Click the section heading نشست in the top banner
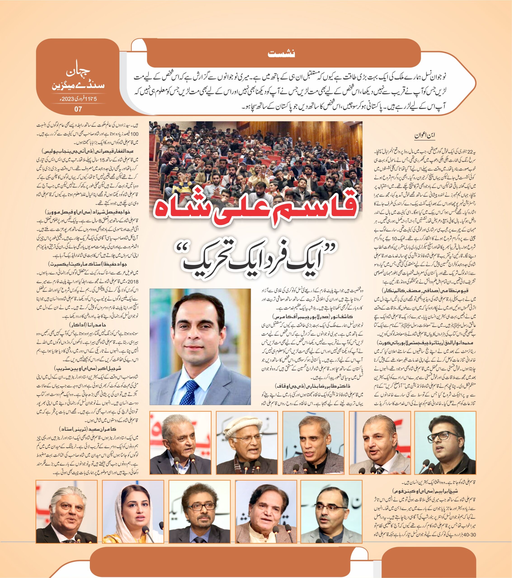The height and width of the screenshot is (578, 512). click(x=281, y=54)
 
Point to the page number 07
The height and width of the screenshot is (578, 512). click(x=78, y=109)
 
